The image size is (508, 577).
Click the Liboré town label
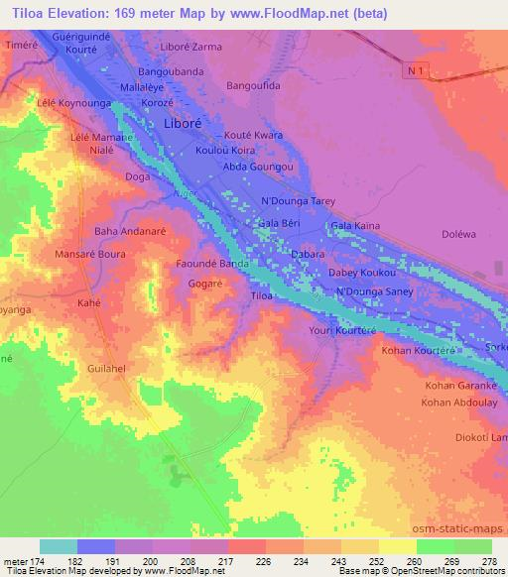pos(184,124)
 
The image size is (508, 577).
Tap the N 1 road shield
pos(420,71)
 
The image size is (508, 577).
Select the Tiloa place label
pos(261,296)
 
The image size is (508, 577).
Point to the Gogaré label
pos(206,284)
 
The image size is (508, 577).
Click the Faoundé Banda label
pos(211,266)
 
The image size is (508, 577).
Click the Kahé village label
pos(89,302)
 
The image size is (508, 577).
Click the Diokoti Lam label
pos(480,438)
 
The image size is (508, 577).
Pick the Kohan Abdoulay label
pos(460,403)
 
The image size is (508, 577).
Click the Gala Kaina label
pos(355,226)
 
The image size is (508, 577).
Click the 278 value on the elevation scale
pos(490,562)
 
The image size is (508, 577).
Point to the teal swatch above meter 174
pos(59,546)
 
